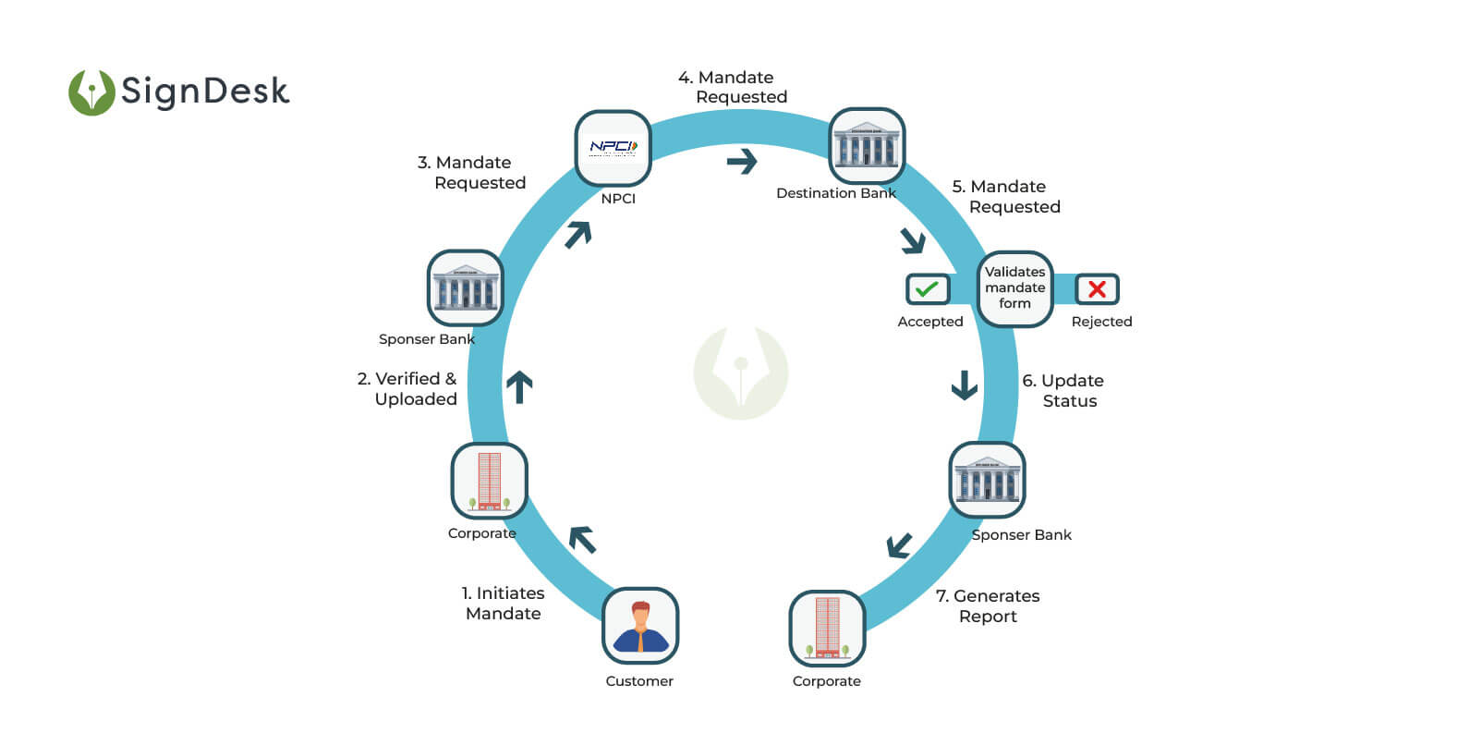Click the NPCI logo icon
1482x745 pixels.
(613, 148)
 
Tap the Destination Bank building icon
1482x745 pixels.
(866, 145)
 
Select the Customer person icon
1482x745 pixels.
(639, 626)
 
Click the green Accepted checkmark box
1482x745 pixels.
(927, 289)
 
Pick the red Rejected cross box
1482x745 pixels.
(1097, 289)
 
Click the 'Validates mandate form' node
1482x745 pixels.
(1014, 288)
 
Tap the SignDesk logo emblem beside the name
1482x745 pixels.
(91, 92)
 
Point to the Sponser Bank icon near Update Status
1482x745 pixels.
(987, 480)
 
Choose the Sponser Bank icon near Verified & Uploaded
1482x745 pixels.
(465, 287)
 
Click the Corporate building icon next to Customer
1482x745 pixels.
(827, 629)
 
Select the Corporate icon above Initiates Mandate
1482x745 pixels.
(489, 481)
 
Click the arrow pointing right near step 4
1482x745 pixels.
(742, 162)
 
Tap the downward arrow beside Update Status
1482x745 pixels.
(965, 385)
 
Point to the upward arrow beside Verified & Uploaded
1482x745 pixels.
(519, 386)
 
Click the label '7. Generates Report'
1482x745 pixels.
(988, 606)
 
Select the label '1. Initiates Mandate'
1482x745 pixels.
(503, 603)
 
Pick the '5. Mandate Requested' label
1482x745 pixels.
(1006, 197)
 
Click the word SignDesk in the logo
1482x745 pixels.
(205, 92)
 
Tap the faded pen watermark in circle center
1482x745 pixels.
(741, 372)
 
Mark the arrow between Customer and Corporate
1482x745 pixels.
(583, 539)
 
